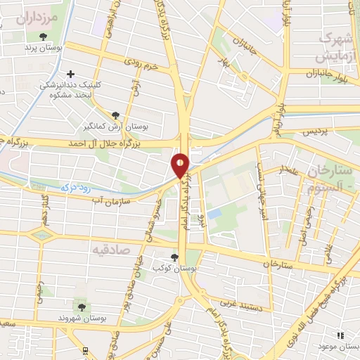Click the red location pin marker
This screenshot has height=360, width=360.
(180, 165)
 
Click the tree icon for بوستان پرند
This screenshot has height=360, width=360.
(44, 37)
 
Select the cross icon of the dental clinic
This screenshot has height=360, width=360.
(70, 74)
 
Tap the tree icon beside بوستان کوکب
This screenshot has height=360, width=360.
(174, 257)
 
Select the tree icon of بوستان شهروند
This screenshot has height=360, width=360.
(81, 307)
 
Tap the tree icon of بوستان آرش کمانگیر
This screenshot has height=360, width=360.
(115, 115)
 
